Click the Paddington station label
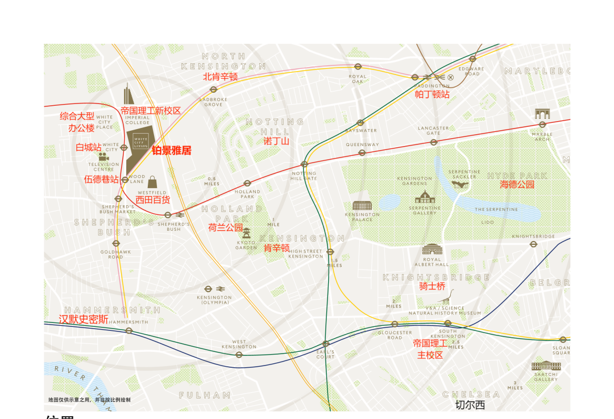tap(432, 86)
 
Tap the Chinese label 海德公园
tap(517, 185)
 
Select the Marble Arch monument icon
tap(542, 114)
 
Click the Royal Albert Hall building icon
tap(432, 249)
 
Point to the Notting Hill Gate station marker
tap(304, 164)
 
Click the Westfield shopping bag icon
tap(152, 182)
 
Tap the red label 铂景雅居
tap(171, 151)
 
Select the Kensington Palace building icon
tap(362, 205)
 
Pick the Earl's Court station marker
tap(326, 343)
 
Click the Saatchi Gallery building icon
tap(546, 366)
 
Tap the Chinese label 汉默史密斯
tap(84, 320)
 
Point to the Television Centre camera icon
tap(103, 156)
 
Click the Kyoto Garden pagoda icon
tap(246, 233)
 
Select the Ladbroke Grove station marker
tap(214, 90)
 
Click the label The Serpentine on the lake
tap(496, 209)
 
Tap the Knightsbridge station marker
tap(533, 244)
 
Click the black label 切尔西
tap(470, 405)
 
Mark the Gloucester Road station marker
tap(395, 324)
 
